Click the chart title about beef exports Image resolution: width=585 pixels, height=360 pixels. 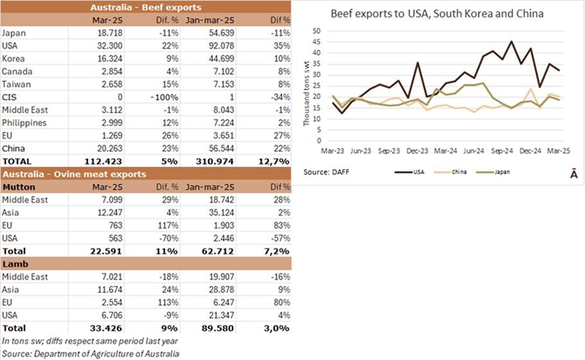437,13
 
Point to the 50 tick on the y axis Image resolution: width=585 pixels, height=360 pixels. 315,31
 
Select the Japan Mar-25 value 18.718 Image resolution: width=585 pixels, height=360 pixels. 110,32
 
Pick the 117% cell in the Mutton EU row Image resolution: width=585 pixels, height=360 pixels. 167,225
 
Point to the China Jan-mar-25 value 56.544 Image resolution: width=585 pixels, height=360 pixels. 220,148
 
